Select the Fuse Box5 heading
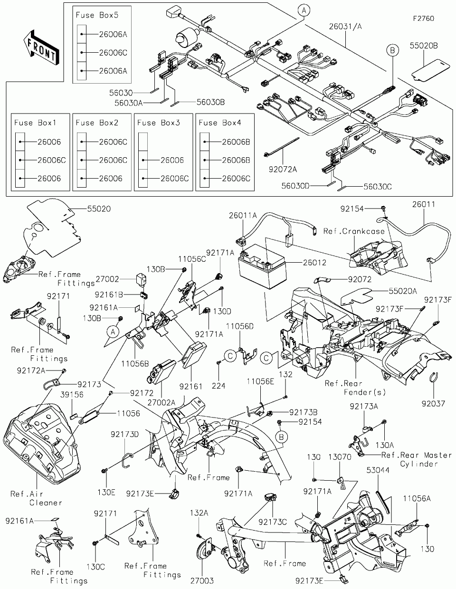pyautogui.click(x=97, y=15)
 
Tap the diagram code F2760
pyautogui.click(x=424, y=19)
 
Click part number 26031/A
pyautogui.click(x=345, y=27)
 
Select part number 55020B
pyautogui.click(x=424, y=46)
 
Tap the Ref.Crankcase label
pyautogui.click(x=354, y=231)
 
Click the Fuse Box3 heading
pyautogui.click(x=159, y=123)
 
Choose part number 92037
pyautogui.click(x=433, y=404)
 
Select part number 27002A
pyautogui.click(x=161, y=403)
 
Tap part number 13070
pyautogui.click(x=340, y=457)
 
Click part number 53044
pyautogui.click(x=378, y=470)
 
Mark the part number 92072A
pyautogui.click(x=283, y=170)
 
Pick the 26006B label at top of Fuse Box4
pyautogui.click(x=236, y=142)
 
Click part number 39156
pyautogui.click(x=72, y=395)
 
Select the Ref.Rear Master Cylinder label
pyautogui.click(x=417, y=459)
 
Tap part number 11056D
pyautogui.click(x=240, y=326)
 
